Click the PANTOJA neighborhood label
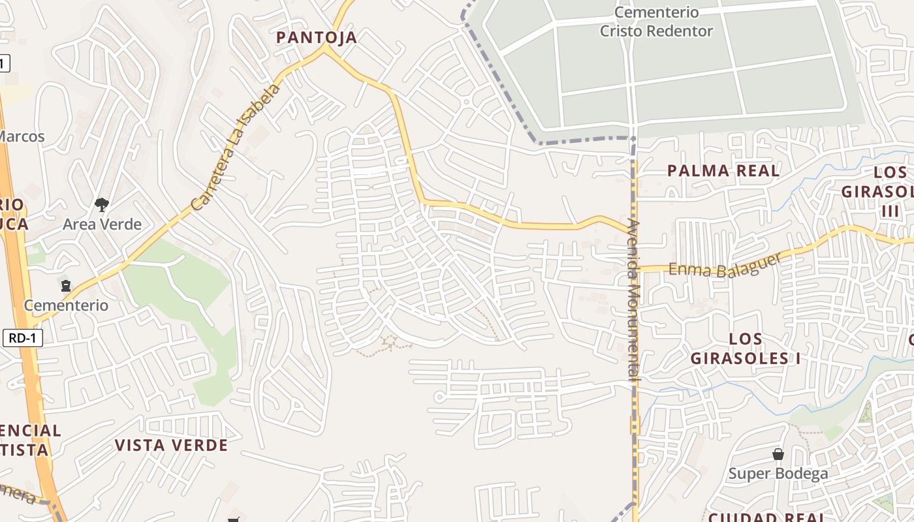point(317,37)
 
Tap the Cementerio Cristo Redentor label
point(656,22)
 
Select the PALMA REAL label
point(723,171)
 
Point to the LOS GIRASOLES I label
point(746,348)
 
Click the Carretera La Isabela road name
point(236,147)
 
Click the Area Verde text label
point(102,224)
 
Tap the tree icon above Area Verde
point(101,205)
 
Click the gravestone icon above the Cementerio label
point(66,286)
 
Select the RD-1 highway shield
point(23,338)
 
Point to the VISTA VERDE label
point(171,446)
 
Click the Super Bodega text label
point(778,474)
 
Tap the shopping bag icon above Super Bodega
point(778,454)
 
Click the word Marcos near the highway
point(22,136)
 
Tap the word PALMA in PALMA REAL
point(695,171)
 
